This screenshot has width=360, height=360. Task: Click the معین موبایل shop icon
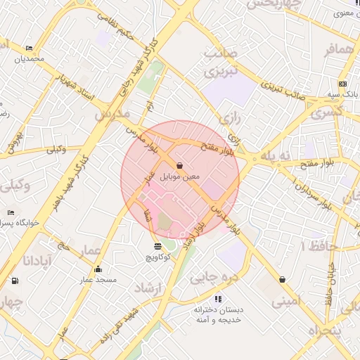(179, 165)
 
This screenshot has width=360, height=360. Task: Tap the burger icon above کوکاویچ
(157, 246)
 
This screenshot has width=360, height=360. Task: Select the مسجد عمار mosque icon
(97, 269)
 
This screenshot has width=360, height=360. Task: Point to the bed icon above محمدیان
(29, 49)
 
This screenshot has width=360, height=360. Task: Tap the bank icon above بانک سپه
(342, 83)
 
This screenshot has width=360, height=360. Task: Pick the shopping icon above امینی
(282, 279)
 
